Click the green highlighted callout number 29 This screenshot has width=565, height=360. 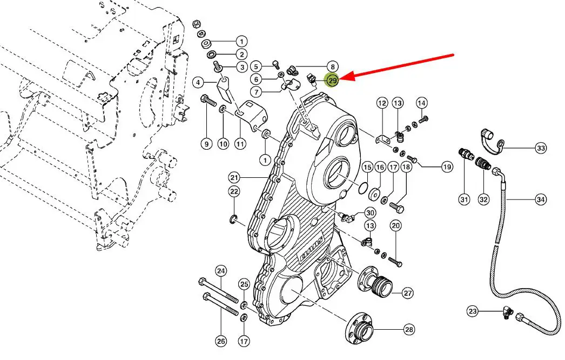(332, 81)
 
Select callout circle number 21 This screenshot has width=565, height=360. (234, 177)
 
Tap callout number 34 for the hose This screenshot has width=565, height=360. (541, 200)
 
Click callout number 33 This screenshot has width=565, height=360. (541, 148)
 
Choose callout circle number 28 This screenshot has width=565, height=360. (408, 329)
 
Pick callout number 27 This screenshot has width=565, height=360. (407, 293)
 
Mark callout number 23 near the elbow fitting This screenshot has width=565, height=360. (473, 311)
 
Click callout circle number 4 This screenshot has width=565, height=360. (199, 82)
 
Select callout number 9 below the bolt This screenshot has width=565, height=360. (206, 144)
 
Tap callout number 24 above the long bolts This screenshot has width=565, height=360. (220, 270)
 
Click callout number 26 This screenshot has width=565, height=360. (220, 341)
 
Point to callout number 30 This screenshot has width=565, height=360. (370, 212)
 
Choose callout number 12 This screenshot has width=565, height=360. (382, 103)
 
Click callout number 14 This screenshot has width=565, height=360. (422, 103)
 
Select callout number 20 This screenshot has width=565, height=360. (396, 225)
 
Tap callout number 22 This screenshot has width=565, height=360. (234, 191)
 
